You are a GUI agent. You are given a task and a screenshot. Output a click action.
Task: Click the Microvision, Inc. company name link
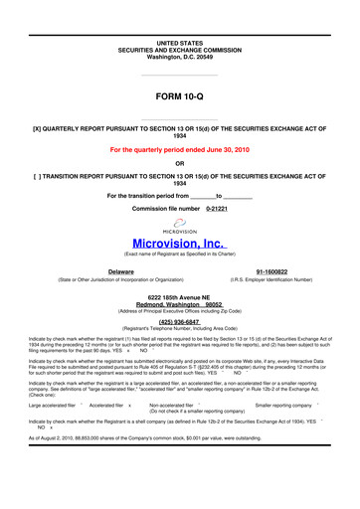pos(180,242)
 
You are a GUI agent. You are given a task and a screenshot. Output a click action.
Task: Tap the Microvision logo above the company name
pos(180,226)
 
